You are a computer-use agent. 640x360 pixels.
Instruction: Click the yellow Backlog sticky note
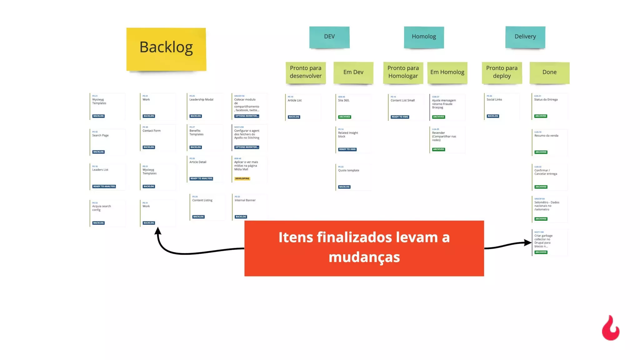pyautogui.click(x=166, y=49)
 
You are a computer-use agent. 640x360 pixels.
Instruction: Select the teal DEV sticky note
pyautogui.click(x=329, y=37)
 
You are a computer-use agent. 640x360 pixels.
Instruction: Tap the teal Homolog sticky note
pyautogui.click(x=424, y=37)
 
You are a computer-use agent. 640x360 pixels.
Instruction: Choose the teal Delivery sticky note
pyautogui.click(x=525, y=37)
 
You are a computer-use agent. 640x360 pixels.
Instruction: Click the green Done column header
pyautogui.click(x=549, y=72)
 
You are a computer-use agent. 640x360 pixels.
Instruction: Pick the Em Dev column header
pyautogui.click(x=353, y=72)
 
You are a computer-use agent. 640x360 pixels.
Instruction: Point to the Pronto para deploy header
pyautogui.click(x=502, y=72)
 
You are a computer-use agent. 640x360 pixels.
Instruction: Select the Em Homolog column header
pyautogui.click(x=447, y=72)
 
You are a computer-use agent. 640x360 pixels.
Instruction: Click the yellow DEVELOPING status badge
pyautogui.click(x=242, y=179)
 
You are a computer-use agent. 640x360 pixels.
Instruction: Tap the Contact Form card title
pyautogui.click(x=152, y=131)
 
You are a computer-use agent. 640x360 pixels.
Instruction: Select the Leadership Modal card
pyautogui.click(x=205, y=106)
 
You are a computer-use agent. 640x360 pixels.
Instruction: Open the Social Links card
pyautogui.click(x=502, y=106)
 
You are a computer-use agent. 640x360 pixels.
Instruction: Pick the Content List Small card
pyautogui.click(x=405, y=107)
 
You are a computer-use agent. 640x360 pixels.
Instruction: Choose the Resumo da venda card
pyautogui.click(x=549, y=142)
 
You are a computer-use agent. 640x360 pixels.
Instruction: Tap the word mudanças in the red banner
pyautogui.click(x=364, y=257)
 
